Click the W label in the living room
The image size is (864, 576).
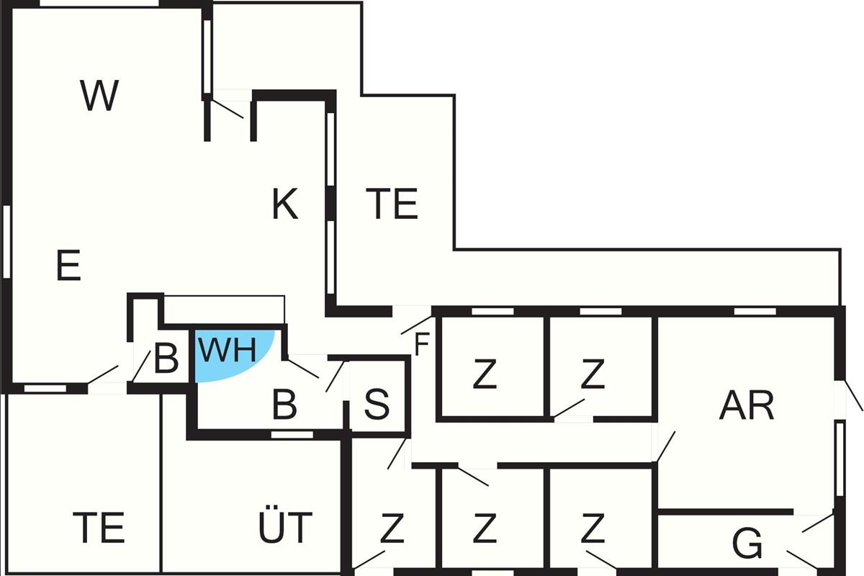(99, 95)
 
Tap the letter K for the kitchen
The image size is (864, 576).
(285, 204)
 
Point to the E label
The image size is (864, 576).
(68, 265)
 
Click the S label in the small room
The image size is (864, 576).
(377, 405)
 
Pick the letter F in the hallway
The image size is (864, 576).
(422, 344)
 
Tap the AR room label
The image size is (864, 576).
(747, 405)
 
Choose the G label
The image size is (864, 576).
(747, 544)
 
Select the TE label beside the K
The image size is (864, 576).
(392, 203)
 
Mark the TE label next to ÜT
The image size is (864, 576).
(99, 527)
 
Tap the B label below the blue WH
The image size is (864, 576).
(284, 405)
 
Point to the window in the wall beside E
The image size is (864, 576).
(6, 242)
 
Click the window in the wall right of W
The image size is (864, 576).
(207, 56)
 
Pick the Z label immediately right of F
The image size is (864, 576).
(485, 374)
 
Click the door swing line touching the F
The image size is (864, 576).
(417, 325)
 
